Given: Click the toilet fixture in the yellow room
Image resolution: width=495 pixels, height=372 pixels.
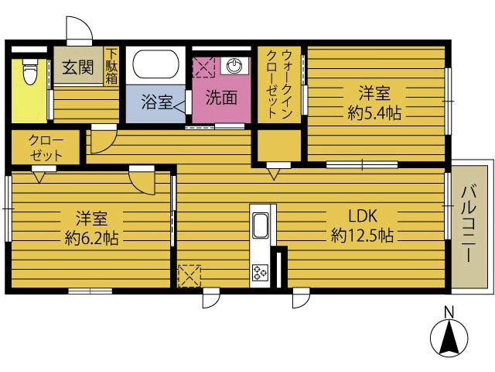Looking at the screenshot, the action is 30,71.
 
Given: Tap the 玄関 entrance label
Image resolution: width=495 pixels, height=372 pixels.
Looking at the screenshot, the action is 77,67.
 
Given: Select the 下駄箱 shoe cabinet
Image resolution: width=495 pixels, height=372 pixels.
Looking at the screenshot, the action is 111,67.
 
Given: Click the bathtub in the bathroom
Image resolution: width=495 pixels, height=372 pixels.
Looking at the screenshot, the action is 155,64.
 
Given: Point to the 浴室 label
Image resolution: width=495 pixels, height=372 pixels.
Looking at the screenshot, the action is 156,102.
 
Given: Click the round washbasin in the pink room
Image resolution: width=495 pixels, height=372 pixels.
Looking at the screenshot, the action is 234,65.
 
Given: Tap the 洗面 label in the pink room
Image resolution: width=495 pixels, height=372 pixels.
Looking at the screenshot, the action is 221,98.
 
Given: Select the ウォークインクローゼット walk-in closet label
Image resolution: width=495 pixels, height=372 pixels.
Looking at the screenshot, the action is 278,84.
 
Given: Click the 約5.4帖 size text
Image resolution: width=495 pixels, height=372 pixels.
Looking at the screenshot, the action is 374,113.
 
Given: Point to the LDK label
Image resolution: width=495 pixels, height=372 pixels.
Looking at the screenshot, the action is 363,216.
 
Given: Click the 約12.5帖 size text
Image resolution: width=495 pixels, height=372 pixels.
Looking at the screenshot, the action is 362,236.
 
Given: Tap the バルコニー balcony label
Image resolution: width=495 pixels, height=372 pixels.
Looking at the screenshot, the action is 469,225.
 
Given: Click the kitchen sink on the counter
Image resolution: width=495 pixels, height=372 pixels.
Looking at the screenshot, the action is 261,226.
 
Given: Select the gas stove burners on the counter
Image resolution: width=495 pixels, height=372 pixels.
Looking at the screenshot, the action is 261,272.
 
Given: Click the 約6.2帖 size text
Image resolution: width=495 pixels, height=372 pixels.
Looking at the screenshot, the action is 91,238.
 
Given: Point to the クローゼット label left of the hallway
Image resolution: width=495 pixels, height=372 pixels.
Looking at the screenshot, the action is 46,147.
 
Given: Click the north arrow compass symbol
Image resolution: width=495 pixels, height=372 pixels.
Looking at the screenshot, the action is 449,338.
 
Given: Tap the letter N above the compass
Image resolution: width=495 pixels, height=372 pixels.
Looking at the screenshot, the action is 449,312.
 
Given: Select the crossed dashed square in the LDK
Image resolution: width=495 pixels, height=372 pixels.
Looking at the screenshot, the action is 189,276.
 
